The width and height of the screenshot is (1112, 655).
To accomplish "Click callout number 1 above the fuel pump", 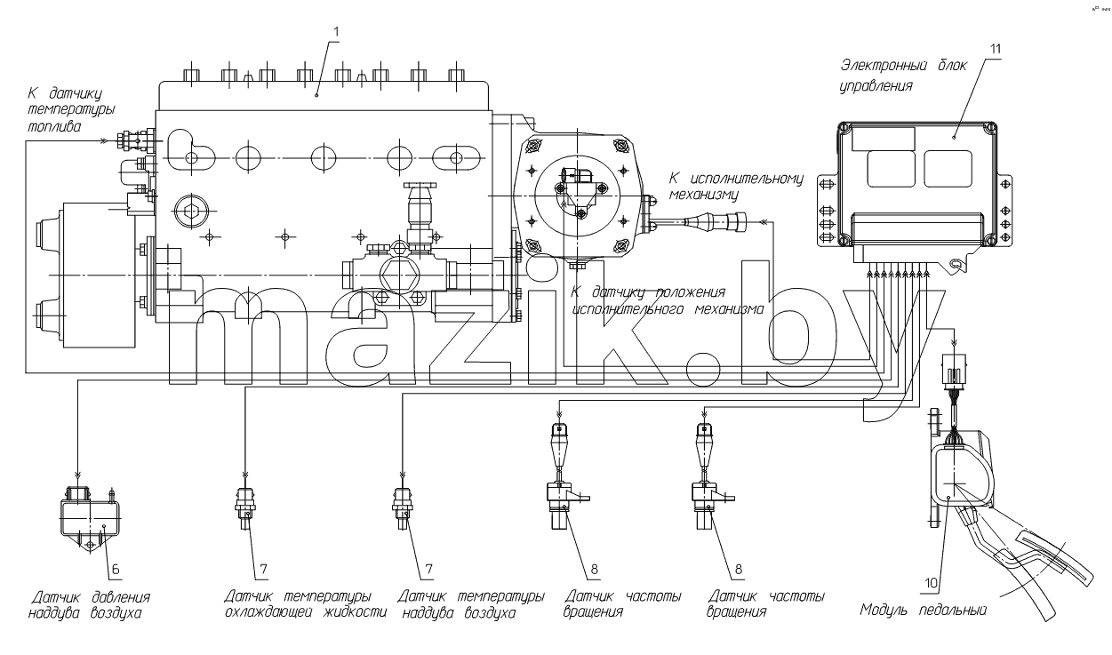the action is (336, 32).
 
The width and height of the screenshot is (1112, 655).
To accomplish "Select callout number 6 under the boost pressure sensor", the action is (116, 569).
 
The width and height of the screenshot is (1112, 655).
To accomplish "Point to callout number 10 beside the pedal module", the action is (932, 582).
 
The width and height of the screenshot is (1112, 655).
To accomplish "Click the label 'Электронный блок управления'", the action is (903, 75).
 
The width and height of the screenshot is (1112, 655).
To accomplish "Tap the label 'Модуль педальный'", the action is (923, 610).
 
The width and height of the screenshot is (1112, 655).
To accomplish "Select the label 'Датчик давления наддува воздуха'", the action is (90, 604).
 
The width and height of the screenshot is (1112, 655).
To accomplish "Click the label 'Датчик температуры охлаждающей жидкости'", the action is (305, 603).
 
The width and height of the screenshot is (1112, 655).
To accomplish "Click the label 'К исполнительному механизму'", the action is (736, 186).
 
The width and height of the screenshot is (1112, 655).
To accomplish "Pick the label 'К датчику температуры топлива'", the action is (71, 109).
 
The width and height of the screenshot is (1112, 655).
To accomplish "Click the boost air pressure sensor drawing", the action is (90, 516).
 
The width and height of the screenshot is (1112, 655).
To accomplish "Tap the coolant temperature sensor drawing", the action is (245, 507).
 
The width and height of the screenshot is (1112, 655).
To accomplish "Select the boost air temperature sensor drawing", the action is (403, 507).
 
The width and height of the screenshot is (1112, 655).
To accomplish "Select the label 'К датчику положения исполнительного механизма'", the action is (668, 300).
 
